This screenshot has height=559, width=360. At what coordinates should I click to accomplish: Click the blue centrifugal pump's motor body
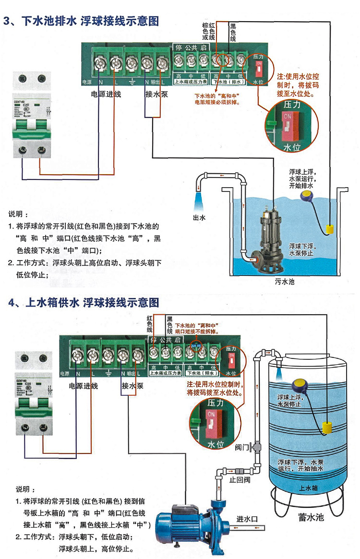click(x=184, y=520)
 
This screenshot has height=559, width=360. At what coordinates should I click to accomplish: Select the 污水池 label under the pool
click(x=285, y=281)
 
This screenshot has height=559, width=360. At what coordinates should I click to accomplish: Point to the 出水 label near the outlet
click(x=199, y=217)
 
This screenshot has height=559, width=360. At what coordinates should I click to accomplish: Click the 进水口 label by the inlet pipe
click(x=247, y=519)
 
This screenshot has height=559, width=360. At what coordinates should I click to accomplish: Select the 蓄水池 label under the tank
click(x=311, y=518)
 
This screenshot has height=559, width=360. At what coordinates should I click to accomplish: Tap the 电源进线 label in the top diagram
click(x=106, y=94)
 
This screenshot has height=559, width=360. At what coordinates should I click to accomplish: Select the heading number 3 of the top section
click(x=7, y=22)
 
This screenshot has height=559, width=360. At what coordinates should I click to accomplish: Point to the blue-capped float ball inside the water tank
click(x=300, y=385)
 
